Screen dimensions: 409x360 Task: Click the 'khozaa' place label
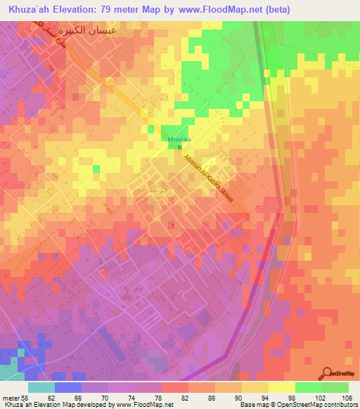point(177,140)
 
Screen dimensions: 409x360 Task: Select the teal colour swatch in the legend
point(41,387)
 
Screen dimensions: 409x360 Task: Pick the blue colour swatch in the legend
point(68,387)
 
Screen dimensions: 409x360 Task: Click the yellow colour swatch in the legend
point(281,387)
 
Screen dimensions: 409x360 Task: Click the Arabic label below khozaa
point(157,189)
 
